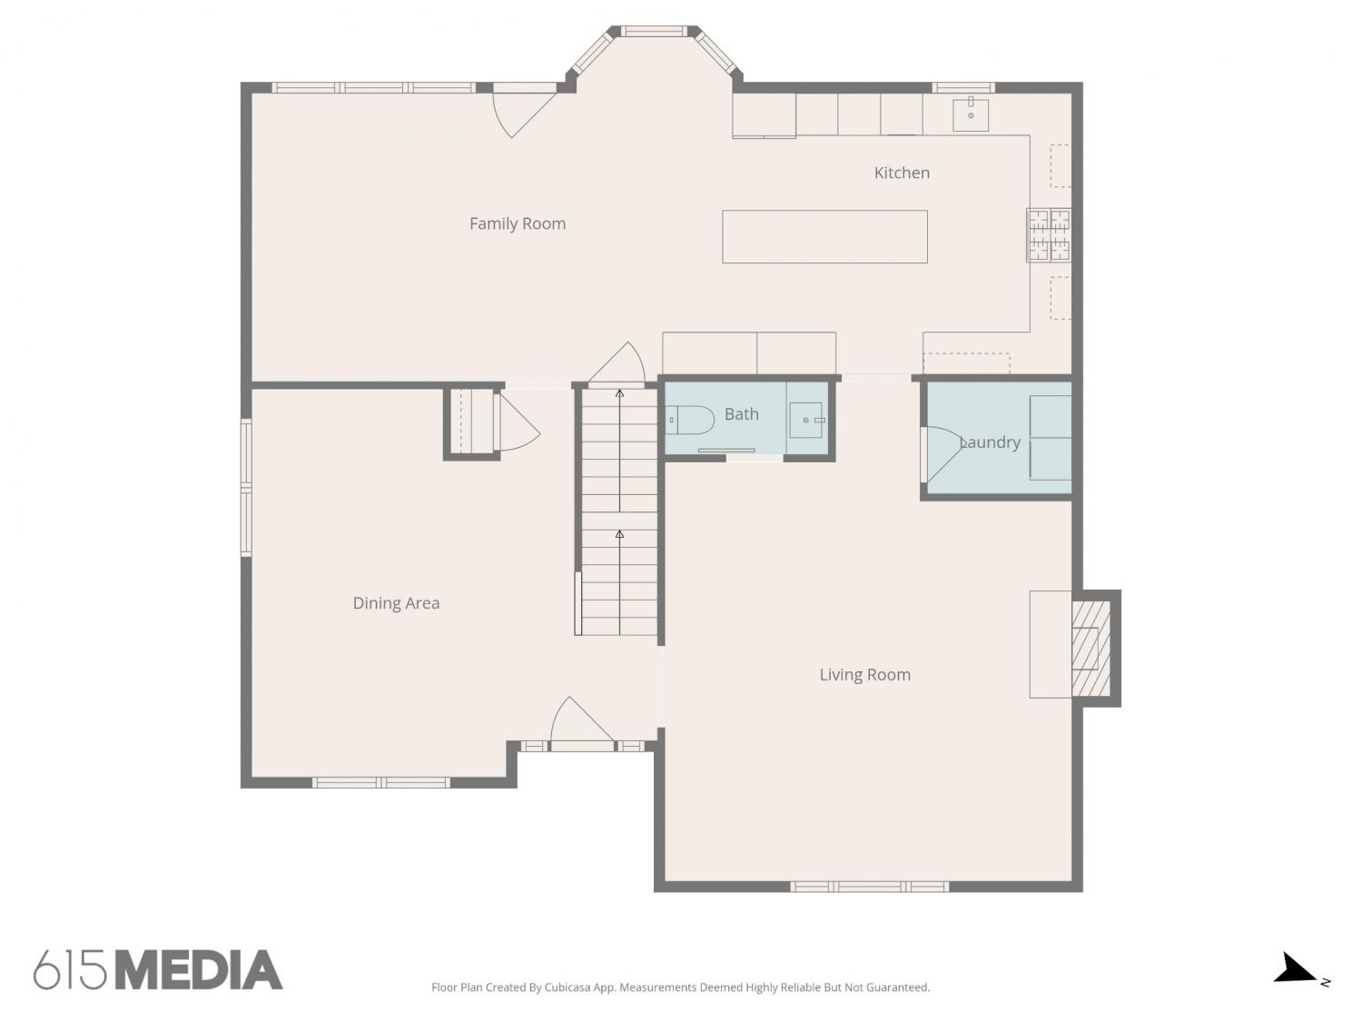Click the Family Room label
click(x=518, y=223)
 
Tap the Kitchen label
click(x=902, y=173)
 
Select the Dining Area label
click(x=396, y=602)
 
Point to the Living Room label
click(x=865, y=674)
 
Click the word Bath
click(x=742, y=414)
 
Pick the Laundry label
click(x=990, y=442)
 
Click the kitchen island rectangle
click(x=824, y=236)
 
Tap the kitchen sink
click(x=971, y=114)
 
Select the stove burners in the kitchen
click(x=1048, y=235)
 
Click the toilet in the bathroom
click(x=689, y=420)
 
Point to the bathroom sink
click(x=806, y=420)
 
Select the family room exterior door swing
click(x=523, y=114)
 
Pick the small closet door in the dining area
click(x=518, y=423)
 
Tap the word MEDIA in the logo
click(x=199, y=970)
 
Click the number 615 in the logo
click(x=70, y=970)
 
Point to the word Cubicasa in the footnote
click(x=567, y=987)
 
